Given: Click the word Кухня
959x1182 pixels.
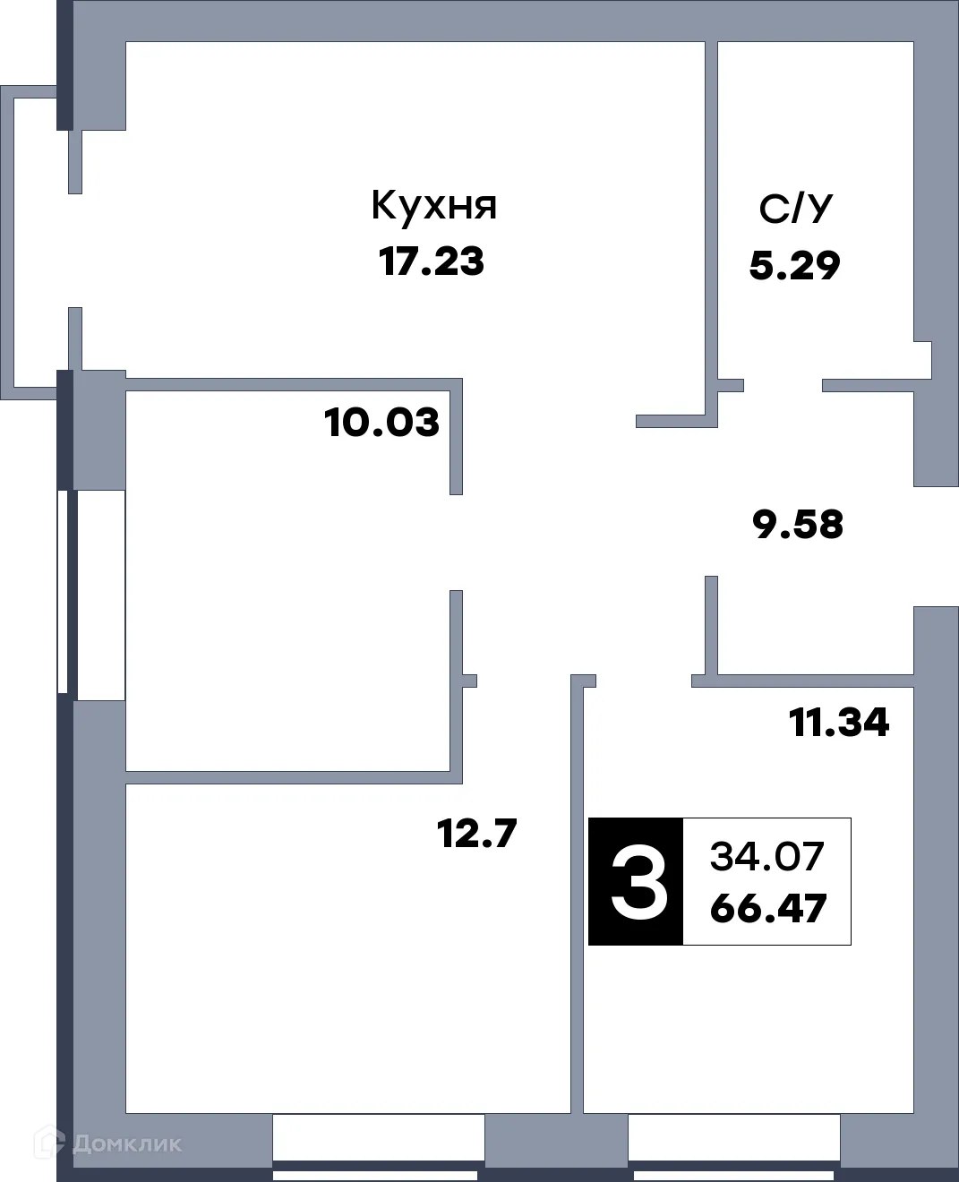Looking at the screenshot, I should (433, 206).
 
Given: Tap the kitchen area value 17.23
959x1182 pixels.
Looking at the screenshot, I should (432, 262).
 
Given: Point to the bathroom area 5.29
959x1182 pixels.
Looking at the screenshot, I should (794, 266).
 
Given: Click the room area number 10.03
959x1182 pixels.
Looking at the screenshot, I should (382, 422).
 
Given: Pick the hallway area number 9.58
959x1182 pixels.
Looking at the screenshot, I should (799, 525).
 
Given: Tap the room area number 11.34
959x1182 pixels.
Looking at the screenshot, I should (838, 722).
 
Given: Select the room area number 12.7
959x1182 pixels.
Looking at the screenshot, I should (476, 835).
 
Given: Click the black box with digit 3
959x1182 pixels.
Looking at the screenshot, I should (637, 881).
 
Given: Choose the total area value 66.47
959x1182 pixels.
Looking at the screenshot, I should (767, 910).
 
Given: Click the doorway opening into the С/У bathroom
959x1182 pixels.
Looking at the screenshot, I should (783, 386).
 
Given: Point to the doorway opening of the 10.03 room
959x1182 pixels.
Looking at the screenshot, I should (456, 542).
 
